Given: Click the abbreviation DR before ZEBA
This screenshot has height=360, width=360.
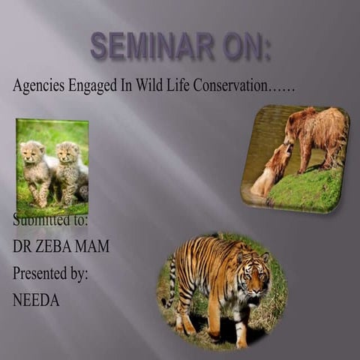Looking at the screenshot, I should [x=22, y=247].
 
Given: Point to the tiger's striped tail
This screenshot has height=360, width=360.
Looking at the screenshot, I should [x=171, y=281].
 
